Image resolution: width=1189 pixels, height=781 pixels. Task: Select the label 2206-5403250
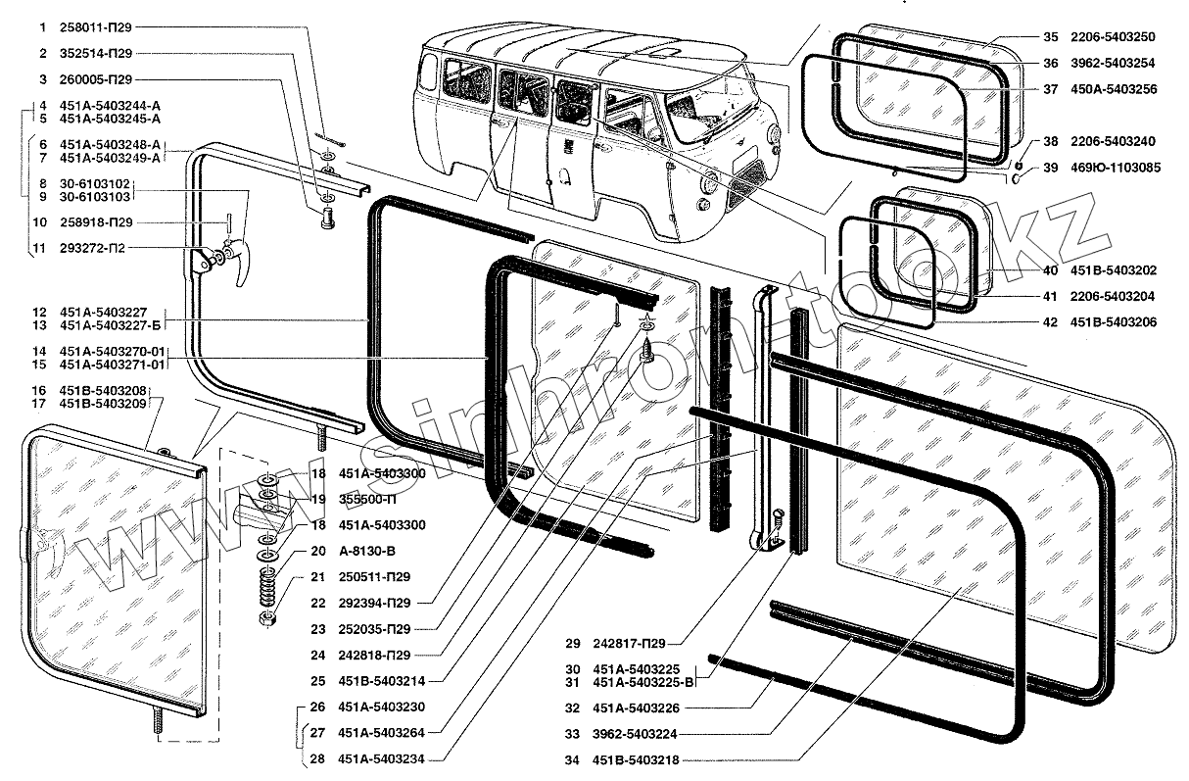[x=1112, y=37]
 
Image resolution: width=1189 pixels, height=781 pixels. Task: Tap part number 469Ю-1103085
[x=1115, y=168]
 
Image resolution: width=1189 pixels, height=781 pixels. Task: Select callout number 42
[x=1049, y=322]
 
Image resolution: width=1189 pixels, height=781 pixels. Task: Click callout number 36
[x=1049, y=63]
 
